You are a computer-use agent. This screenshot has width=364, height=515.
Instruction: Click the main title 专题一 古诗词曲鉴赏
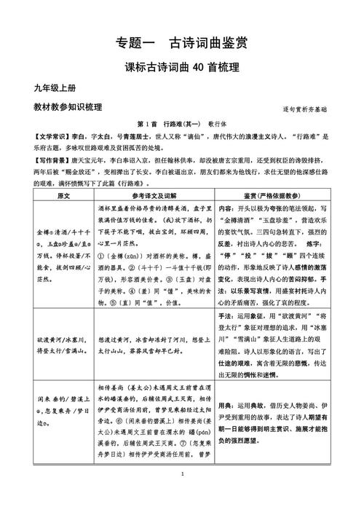pos(182,43)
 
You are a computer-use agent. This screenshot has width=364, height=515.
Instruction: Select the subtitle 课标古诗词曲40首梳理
pos(182,68)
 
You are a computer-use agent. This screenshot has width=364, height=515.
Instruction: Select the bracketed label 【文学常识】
pos(41,135)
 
